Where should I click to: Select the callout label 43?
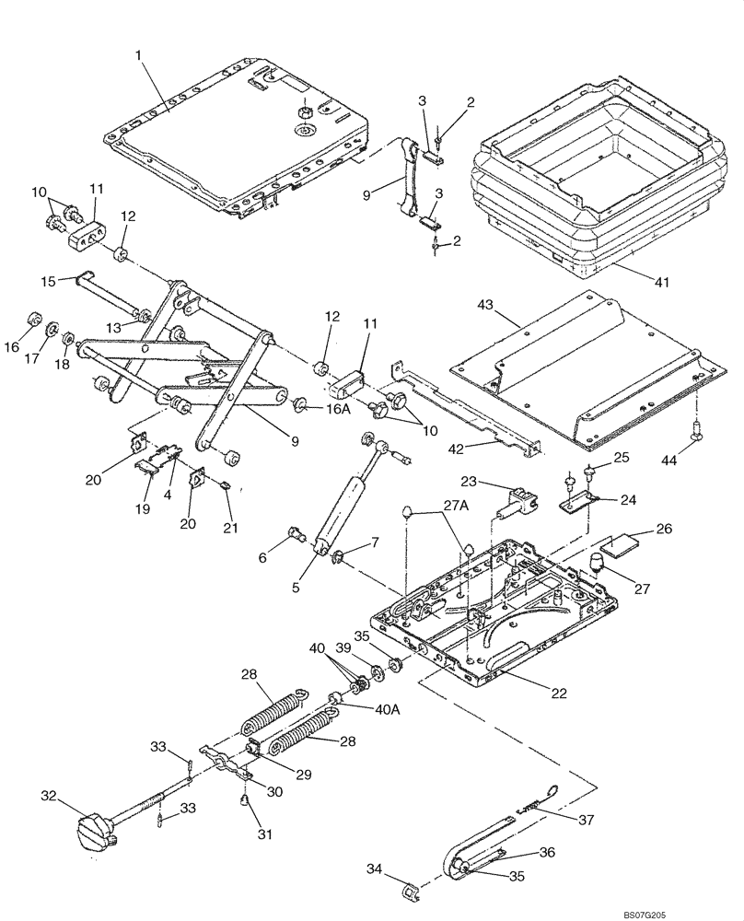pyautogui.click(x=485, y=305)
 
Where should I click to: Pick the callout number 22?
pyautogui.click(x=559, y=693)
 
